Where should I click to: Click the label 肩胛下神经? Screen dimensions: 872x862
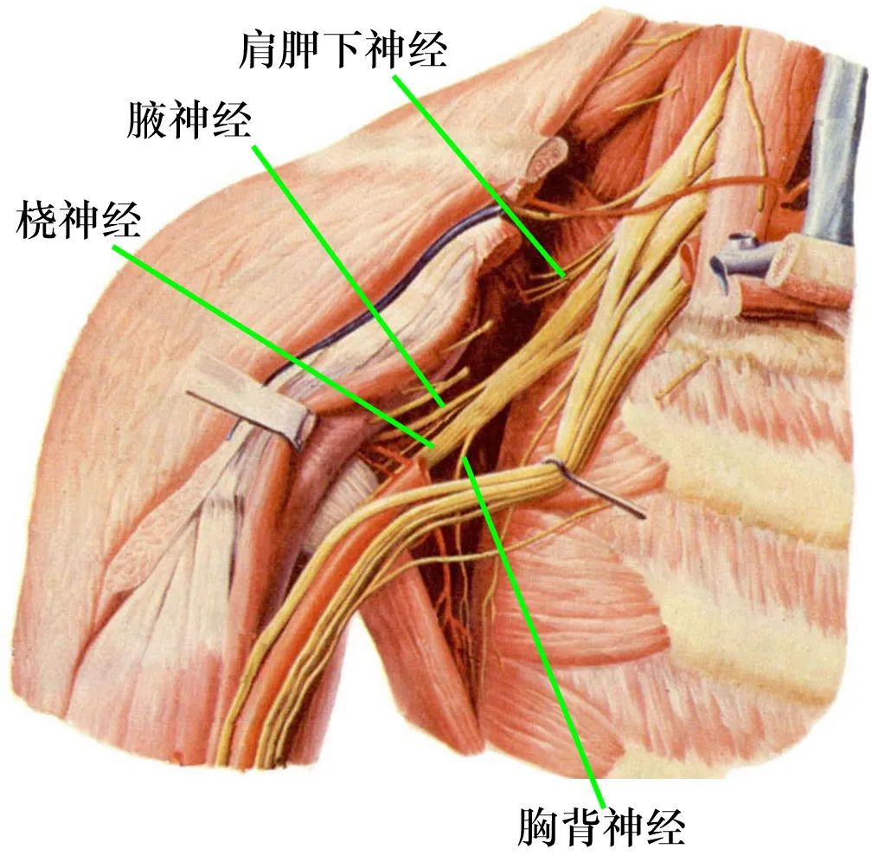(343, 49)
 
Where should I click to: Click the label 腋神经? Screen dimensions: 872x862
(189, 119)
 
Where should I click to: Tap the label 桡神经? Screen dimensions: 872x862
(79, 219)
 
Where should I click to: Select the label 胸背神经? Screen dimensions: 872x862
(601, 827)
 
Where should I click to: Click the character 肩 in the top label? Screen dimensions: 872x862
(260, 49)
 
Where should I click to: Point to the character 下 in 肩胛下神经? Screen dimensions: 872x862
(343, 49)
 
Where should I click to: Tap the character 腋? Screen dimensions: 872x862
(147, 119)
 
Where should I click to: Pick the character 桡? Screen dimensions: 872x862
(36, 219)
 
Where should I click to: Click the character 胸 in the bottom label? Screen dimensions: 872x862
(538, 827)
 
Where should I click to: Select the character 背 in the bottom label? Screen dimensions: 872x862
(580, 827)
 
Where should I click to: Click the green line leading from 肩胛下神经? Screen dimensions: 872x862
(479, 176)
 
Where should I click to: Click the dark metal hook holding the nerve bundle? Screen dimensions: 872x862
(598, 486)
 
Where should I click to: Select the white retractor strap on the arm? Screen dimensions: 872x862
(253, 398)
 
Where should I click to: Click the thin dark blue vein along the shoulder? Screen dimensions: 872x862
(378, 295)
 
